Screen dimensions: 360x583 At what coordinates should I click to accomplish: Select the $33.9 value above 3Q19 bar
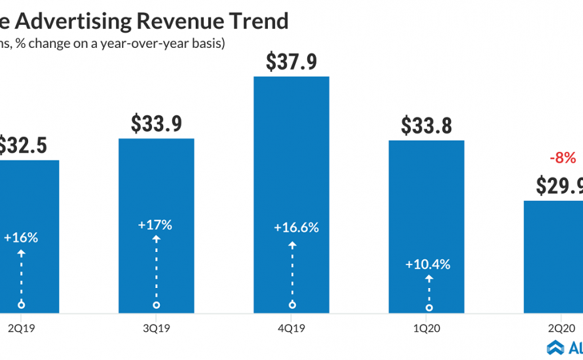[x=156, y=123]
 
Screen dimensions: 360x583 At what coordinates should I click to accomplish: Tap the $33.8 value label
[x=426, y=125]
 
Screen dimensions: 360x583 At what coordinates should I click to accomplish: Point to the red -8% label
[x=562, y=158]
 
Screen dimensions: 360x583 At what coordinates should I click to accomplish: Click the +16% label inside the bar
[x=21, y=237]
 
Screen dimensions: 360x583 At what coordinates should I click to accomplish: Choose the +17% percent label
[x=155, y=225]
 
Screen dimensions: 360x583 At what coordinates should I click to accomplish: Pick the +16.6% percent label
[x=296, y=228]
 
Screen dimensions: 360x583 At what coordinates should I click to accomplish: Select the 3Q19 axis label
[x=156, y=330]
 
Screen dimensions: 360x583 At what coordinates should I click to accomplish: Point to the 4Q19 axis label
[x=291, y=330]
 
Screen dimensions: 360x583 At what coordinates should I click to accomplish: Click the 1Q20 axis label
[x=426, y=330]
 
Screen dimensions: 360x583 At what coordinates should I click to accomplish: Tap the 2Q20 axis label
[x=562, y=330]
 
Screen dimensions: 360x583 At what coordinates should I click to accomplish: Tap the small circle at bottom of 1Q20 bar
[x=429, y=307]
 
